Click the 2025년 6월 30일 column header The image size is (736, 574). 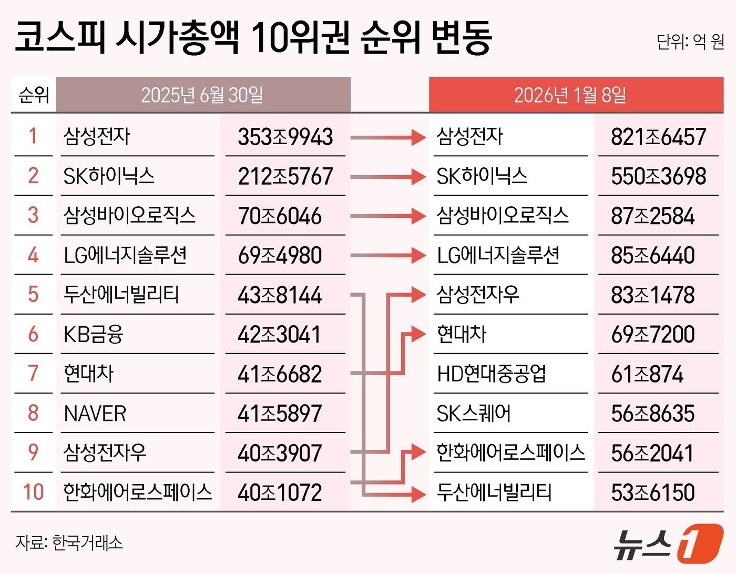pyautogui.click(x=202, y=95)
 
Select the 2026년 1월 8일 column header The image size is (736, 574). pyautogui.click(x=570, y=95)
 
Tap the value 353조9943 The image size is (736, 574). pyautogui.click(x=285, y=137)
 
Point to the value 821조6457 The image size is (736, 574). pyautogui.click(x=658, y=137)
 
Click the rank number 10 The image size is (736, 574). pyautogui.click(x=33, y=492)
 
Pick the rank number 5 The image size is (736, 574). pyautogui.click(x=33, y=295)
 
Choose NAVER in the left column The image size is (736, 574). pyautogui.click(x=95, y=414)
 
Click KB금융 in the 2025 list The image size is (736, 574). pyautogui.click(x=93, y=335)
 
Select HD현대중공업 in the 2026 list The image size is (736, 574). pyautogui.click(x=492, y=374)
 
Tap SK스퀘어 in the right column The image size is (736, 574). pyautogui.click(x=474, y=414)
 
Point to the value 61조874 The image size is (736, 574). pyautogui.click(x=647, y=374)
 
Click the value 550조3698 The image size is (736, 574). pyautogui.click(x=658, y=177)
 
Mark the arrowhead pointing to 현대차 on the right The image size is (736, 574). pyautogui.click(x=418, y=334)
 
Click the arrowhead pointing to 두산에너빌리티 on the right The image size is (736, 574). pyautogui.click(x=418, y=494)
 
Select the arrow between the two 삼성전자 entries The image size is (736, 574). pyautogui.click(x=388, y=138)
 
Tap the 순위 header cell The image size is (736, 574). pyautogui.click(x=34, y=95)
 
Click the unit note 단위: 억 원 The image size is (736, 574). pyautogui.click(x=690, y=42)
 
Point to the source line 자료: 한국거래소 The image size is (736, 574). pyautogui.click(x=69, y=542)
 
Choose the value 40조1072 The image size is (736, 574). pyautogui.click(x=280, y=492)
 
